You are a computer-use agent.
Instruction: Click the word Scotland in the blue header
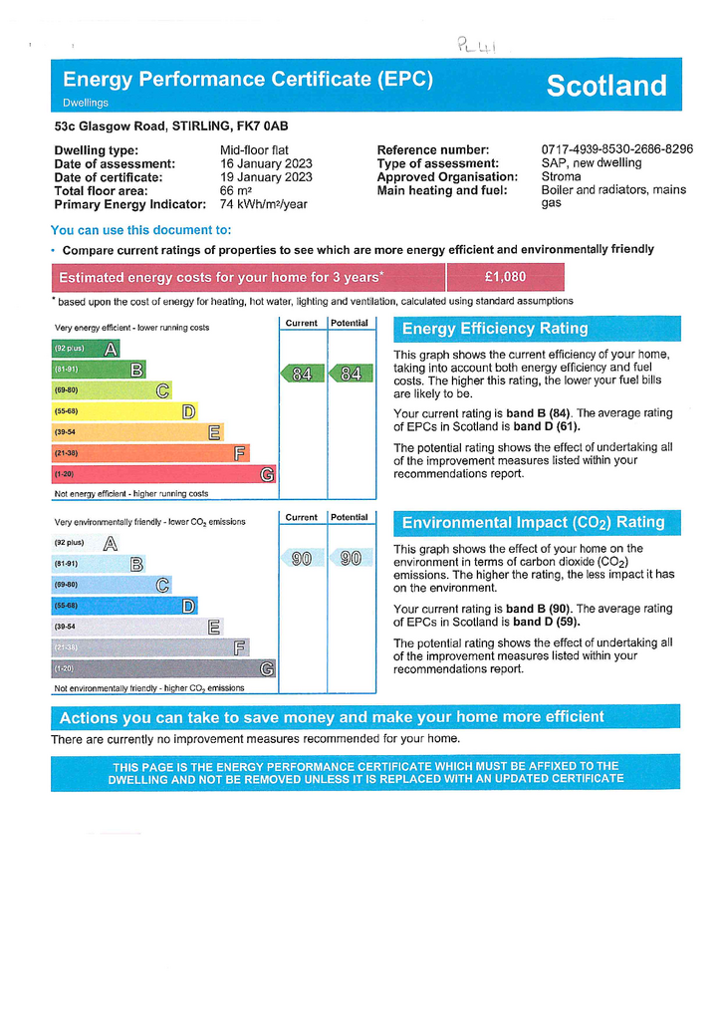pos(606,86)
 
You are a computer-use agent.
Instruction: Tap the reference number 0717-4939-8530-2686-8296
pos(616,149)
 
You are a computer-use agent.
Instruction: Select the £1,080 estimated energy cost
pos(505,277)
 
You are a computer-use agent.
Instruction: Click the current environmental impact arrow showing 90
pos(301,559)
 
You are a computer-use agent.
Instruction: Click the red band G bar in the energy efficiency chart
pos(163,475)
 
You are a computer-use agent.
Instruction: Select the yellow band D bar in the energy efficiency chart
pos(123,411)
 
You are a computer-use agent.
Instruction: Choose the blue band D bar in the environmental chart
pos(123,606)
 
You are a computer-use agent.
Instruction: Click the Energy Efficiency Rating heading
pos(495,329)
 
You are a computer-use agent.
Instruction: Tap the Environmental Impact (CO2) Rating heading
pos(533,523)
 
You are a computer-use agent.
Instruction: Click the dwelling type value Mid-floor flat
pos(254,150)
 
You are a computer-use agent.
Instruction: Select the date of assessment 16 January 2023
pos(266,163)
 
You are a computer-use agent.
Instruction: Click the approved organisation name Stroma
pos(561,176)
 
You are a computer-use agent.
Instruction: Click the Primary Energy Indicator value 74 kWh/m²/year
pos(264,204)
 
